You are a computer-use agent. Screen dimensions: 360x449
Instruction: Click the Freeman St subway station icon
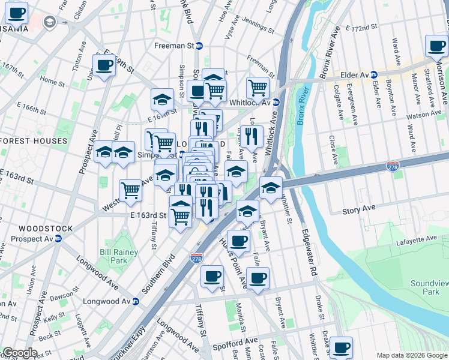(x=199, y=46)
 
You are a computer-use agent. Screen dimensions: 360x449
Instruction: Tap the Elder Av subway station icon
(x=373, y=75)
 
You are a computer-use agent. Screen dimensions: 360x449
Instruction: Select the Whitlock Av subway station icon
(x=276, y=101)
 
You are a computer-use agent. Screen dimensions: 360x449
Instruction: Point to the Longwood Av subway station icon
(x=136, y=301)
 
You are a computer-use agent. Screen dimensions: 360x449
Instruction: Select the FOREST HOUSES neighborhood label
(x=34, y=141)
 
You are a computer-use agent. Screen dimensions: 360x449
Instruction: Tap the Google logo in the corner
(x=19, y=353)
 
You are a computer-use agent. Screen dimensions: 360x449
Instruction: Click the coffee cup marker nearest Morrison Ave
(x=436, y=45)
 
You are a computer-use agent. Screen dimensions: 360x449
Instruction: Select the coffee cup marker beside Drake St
(x=341, y=347)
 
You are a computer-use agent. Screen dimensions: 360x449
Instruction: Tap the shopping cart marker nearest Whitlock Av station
(x=258, y=87)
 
